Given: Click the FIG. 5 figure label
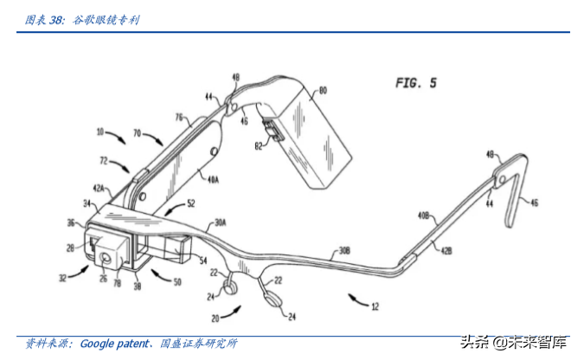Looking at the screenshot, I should (416, 83).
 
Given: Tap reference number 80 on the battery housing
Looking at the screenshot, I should (324, 89).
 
